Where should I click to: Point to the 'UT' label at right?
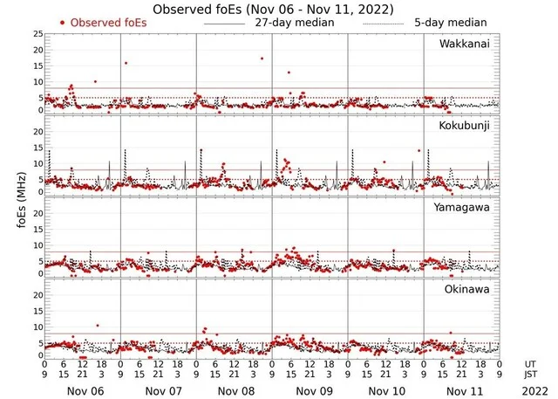click(531, 363)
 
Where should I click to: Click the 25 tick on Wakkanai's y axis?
click(37, 34)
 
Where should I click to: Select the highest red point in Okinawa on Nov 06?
click(97, 326)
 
